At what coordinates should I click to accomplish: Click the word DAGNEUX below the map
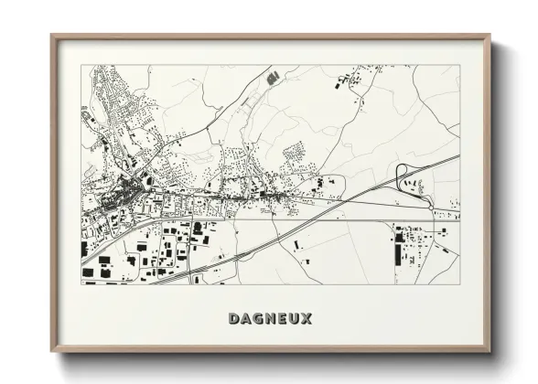[x=270, y=319]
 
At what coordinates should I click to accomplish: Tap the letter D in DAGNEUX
[x=234, y=319]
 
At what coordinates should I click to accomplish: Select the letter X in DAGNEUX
[x=306, y=319]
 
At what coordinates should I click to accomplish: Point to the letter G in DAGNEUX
[x=258, y=319]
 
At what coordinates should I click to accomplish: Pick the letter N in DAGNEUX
[x=270, y=319]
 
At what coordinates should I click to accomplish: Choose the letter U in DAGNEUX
[x=294, y=319]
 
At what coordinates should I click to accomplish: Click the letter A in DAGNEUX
[x=246, y=319]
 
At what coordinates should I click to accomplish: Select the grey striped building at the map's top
[x=273, y=79]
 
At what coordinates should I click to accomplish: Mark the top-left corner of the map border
[x=81, y=66]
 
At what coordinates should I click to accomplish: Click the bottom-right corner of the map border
[x=460, y=284]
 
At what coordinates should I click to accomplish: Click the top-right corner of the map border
[x=460, y=66]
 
